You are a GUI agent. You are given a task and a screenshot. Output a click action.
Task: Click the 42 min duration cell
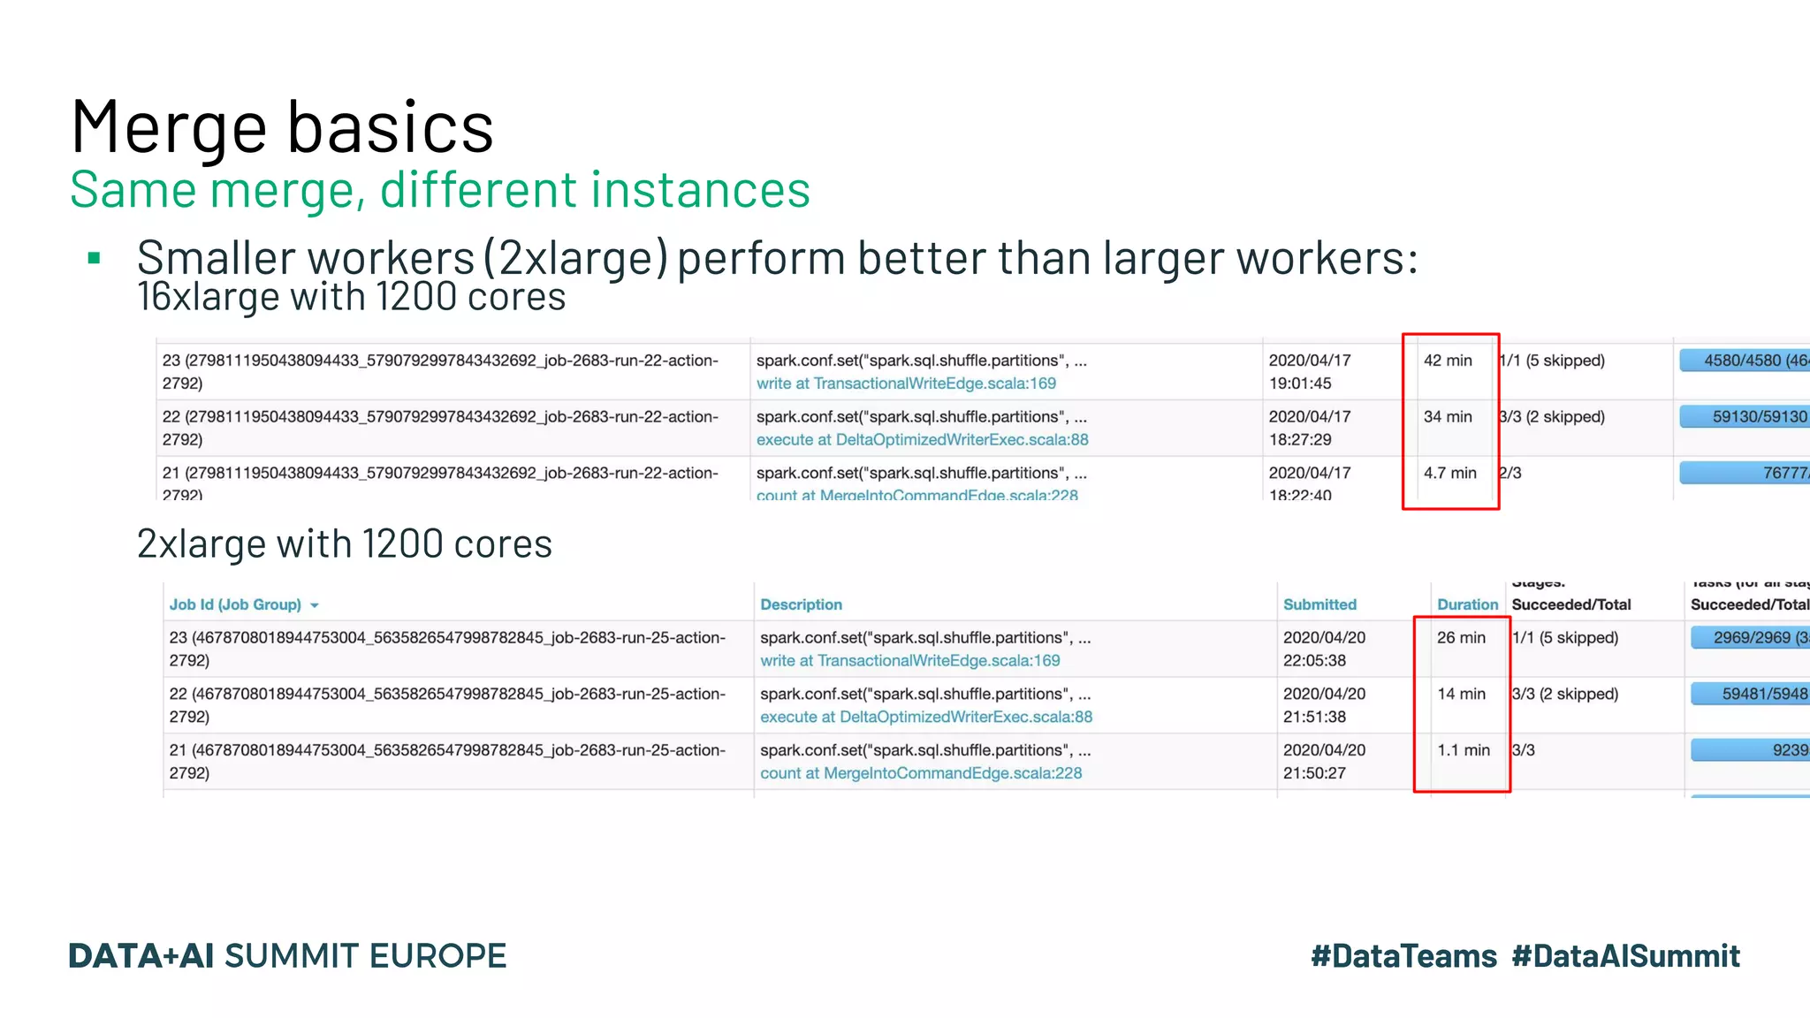point(1448,361)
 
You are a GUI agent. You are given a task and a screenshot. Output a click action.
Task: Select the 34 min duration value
point(1448,417)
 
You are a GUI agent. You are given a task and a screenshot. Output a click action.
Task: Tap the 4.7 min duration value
point(1449,474)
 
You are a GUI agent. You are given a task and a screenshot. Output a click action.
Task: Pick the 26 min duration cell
point(1461,638)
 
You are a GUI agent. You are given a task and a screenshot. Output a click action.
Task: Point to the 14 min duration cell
point(1461,695)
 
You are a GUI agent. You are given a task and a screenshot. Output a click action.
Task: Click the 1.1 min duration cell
point(1463,750)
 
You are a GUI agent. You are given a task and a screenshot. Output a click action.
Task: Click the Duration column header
point(1467,604)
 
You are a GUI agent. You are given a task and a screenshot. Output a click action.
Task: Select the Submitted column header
point(1319,604)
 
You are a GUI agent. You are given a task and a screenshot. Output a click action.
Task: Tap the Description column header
point(801,604)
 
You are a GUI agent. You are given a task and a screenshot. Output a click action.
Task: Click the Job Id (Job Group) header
point(235,604)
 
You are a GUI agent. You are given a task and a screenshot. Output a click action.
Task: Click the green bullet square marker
point(95,259)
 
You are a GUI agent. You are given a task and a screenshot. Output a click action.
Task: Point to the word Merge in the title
point(168,128)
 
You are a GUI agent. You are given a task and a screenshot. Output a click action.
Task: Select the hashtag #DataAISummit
point(1625,956)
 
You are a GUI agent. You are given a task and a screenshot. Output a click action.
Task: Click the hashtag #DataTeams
point(1403,956)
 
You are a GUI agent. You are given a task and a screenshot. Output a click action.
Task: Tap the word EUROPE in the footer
point(437,956)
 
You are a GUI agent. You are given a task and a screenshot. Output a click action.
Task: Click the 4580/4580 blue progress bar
point(1745,361)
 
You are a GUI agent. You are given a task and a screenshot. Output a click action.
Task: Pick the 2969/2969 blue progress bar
point(1750,638)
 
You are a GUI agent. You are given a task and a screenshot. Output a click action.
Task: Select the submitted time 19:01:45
point(1300,384)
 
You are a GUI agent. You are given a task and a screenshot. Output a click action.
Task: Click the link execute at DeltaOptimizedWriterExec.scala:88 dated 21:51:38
point(926,717)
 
